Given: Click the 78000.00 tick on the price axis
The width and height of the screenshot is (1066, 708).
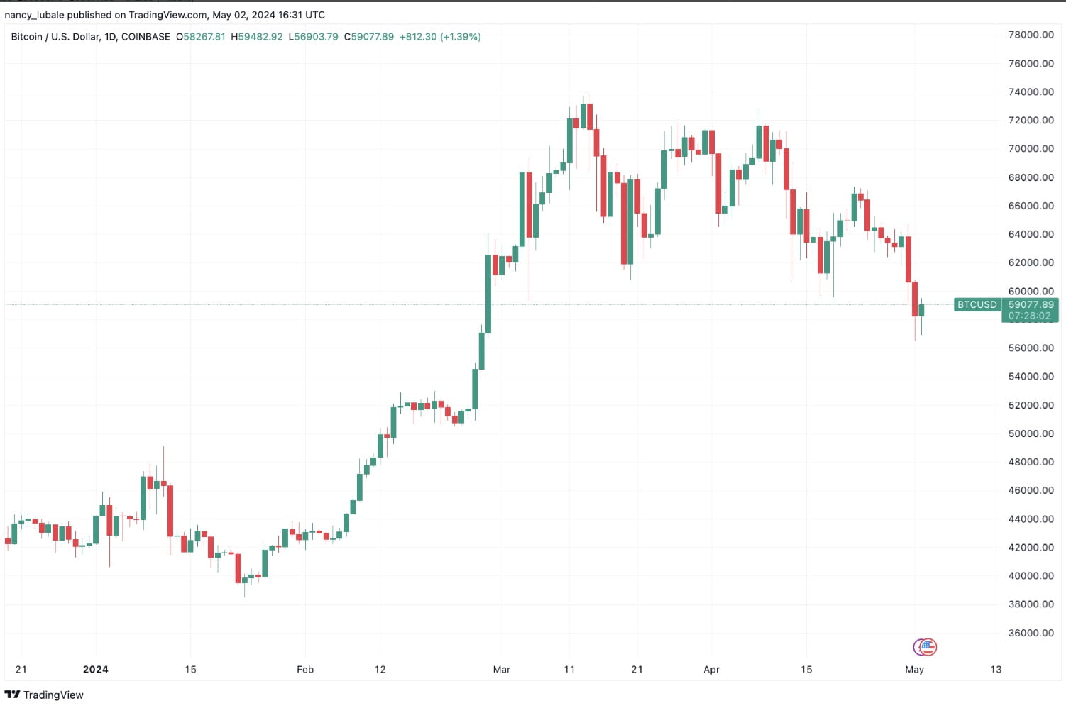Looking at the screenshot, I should pyautogui.click(x=1031, y=35).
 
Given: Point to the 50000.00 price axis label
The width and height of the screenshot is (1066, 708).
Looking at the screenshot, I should pyautogui.click(x=1031, y=433).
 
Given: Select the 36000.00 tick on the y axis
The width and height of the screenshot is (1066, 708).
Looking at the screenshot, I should pyautogui.click(x=1031, y=633).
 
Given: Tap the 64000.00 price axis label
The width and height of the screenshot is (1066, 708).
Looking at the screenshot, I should pyautogui.click(x=1031, y=234).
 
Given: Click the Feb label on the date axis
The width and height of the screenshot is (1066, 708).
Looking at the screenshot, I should pyautogui.click(x=305, y=669).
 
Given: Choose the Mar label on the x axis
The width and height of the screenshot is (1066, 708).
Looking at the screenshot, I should pyautogui.click(x=502, y=669).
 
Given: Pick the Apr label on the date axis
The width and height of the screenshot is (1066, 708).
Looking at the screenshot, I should pyautogui.click(x=711, y=669).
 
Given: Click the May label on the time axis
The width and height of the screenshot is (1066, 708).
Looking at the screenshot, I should pyautogui.click(x=914, y=669).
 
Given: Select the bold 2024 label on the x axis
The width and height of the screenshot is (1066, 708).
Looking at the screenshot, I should pyautogui.click(x=95, y=669).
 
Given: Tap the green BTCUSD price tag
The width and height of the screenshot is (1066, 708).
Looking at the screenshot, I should pyautogui.click(x=977, y=304).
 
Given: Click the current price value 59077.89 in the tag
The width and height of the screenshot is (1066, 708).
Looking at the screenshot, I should pyautogui.click(x=1031, y=304).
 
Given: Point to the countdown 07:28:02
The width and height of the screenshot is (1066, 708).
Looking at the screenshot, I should pyautogui.click(x=1029, y=316).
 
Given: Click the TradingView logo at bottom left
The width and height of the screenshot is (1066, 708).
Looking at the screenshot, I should pyautogui.click(x=44, y=695).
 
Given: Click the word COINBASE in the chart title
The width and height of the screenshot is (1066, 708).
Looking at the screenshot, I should pyautogui.click(x=145, y=37).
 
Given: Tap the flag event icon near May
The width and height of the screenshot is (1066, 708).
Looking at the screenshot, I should pyautogui.click(x=925, y=646).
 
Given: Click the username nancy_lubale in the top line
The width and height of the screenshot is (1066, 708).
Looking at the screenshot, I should pyautogui.click(x=34, y=15).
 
